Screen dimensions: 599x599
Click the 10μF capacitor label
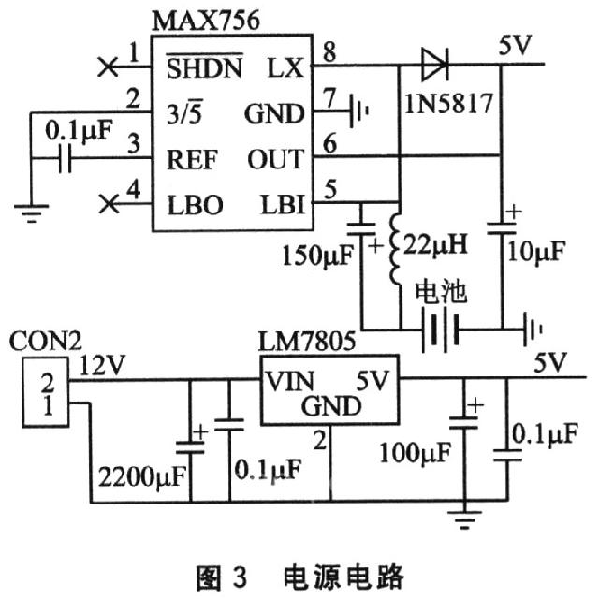(534, 251)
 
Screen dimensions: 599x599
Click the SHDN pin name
(204, 67)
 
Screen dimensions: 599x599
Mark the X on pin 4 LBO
(109, 203)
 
